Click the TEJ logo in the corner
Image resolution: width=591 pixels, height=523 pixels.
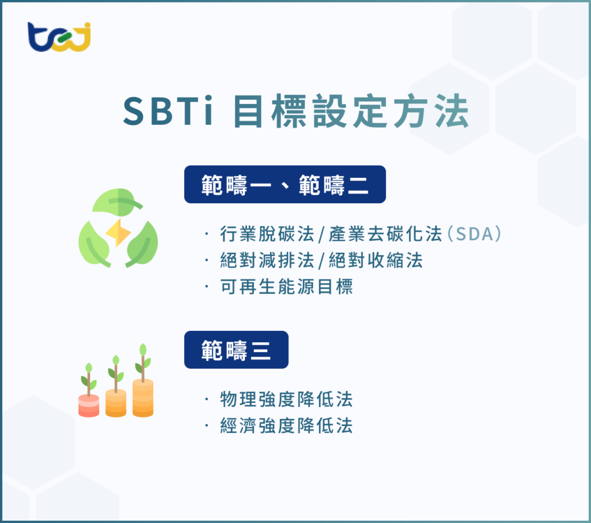[x=59, y=38]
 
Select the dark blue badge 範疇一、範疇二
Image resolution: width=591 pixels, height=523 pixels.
[x=285, y=184]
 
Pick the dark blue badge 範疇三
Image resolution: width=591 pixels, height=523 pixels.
[x=236, y=349]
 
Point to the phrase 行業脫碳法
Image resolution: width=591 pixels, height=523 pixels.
[x=267, y=234]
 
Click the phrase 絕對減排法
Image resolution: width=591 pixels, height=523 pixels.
[x=267, y=260]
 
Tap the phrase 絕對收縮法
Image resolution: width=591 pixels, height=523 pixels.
[x=376, y=260]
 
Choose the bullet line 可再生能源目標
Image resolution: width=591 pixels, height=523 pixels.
[x=286, y=287]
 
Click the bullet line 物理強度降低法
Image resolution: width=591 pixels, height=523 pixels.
[x=286, y=399]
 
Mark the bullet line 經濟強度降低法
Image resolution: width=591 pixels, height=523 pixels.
[x=286, y=426]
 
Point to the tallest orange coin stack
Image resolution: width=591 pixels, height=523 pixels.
[x=143, y=397]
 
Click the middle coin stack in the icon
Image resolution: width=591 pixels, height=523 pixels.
[x=116, y=402]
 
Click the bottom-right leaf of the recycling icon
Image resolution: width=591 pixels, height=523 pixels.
[x=142, y=246]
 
